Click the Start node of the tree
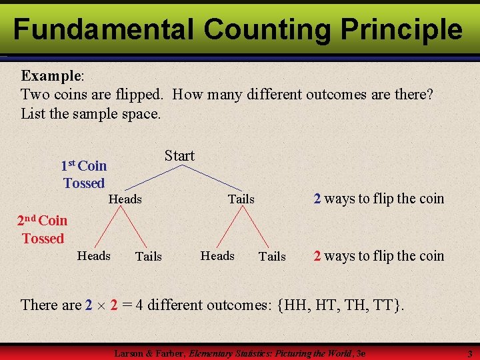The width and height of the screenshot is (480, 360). (179, 156)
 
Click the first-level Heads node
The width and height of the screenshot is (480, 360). (125, 199)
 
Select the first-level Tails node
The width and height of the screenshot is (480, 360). (241, 199)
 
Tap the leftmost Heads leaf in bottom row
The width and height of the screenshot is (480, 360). (94, 255)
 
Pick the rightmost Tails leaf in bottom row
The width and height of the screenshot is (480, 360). (272, 256)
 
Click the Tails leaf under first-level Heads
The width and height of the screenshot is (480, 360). (148, 256)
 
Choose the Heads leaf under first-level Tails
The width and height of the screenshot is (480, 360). (217, 255)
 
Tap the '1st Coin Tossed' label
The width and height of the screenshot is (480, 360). (84, 174)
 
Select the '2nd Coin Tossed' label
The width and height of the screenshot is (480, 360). (42, 229)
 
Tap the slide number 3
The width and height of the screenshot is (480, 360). (469, 353)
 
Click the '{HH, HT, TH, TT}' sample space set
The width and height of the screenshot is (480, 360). (341, 305)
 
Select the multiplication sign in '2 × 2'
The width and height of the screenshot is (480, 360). (101, 306)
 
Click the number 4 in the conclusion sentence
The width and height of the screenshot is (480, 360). (139, 305)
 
